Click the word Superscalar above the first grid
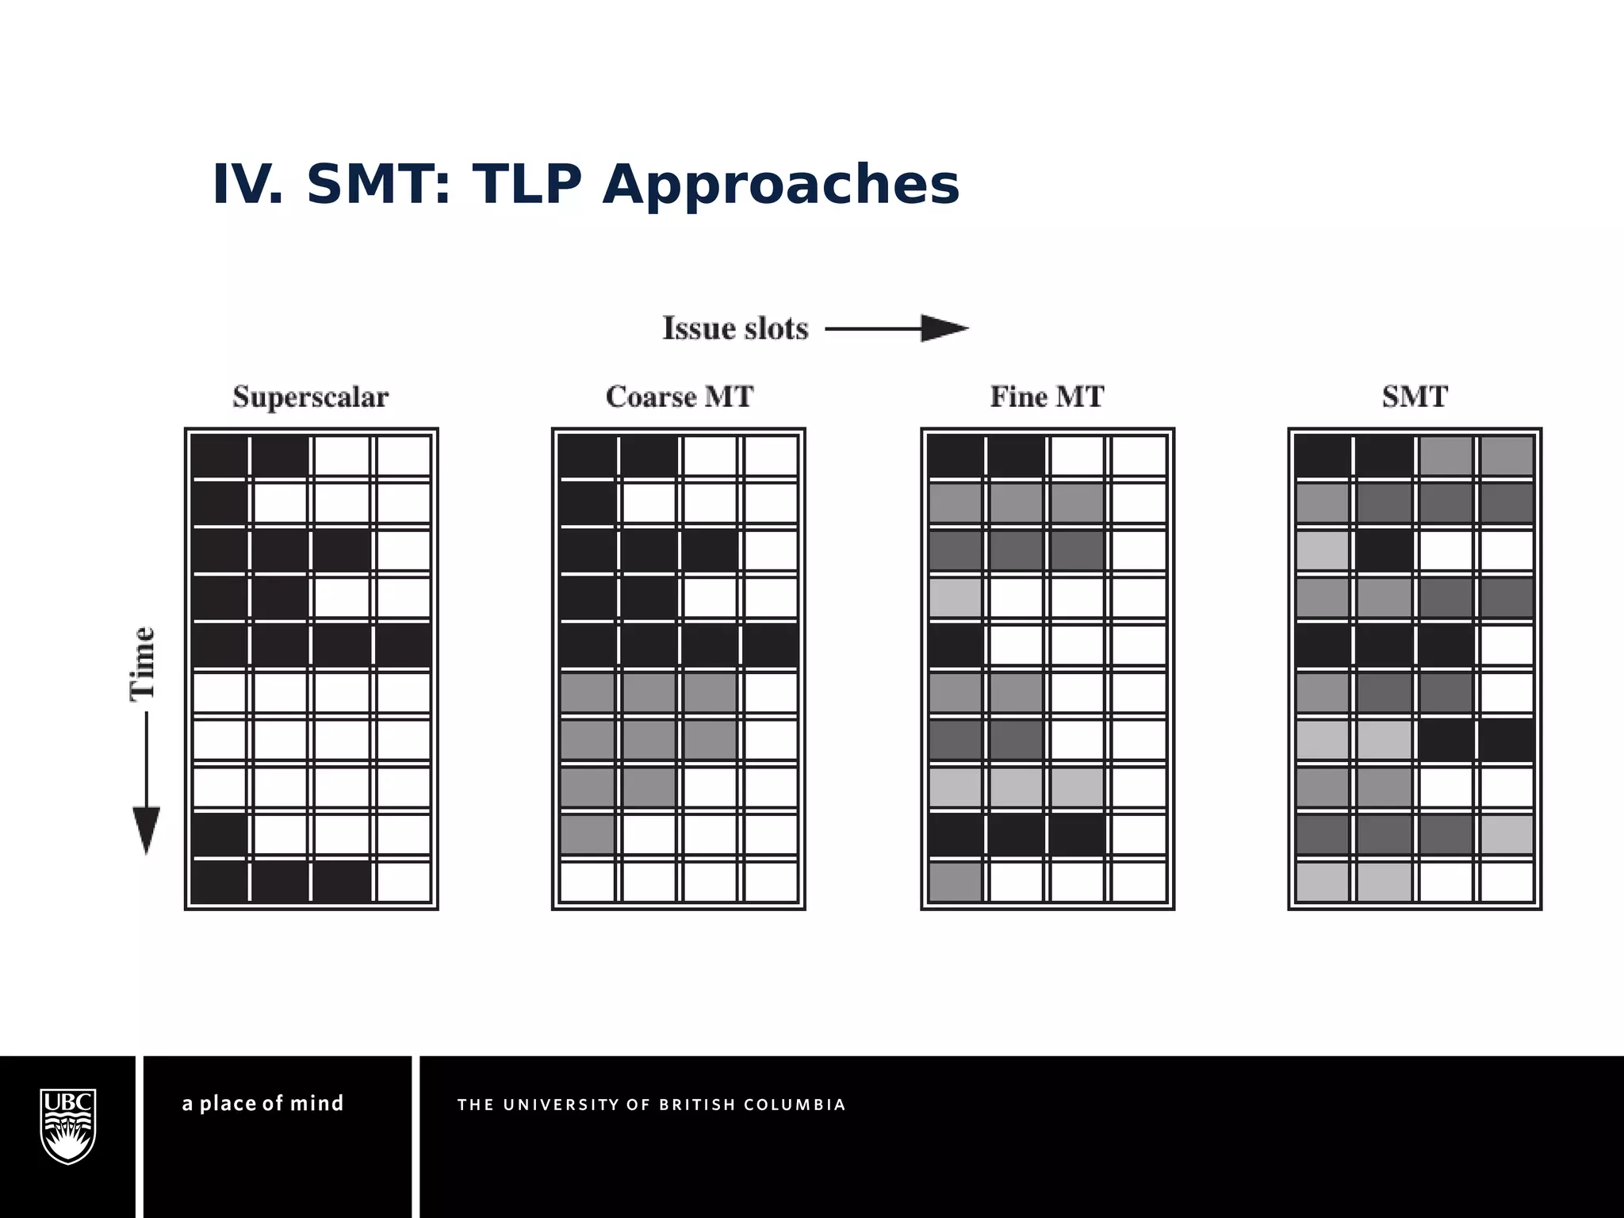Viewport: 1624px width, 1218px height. [311, 396]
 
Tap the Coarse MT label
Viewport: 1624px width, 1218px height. [680, 396]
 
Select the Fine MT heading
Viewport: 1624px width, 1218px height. [1047, 396]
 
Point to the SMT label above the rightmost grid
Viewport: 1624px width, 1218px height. [1415, 396]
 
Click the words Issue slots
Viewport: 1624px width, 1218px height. [735, 328]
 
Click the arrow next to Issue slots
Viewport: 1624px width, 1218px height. [897, 328]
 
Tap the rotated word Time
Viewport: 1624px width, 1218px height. [143, 663]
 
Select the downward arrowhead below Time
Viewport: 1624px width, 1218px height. [146, 829]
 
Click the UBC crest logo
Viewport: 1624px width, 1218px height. [68, 1126]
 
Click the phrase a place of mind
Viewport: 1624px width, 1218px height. [263, 1104]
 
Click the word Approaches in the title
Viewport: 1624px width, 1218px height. [781, 185]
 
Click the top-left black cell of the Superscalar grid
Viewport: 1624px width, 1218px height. [220, 456]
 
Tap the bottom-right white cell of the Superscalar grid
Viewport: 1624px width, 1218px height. [404, 881]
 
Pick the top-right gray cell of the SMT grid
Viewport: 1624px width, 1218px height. [1506, 456]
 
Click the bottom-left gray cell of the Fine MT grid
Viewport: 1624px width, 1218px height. [956, 881]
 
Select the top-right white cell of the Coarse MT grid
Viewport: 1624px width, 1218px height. [772, 456]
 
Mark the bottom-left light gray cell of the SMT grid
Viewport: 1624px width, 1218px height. [1323, 881]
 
